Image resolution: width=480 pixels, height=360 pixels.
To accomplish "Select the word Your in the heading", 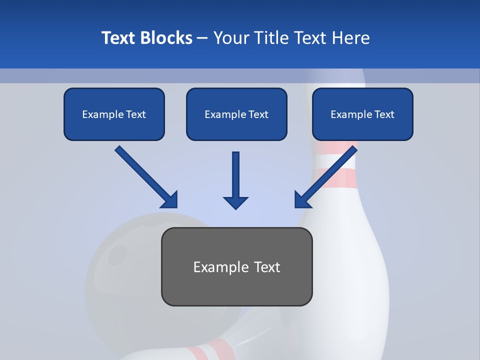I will [x=230, y=38].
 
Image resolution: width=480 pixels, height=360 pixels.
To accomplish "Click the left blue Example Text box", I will [x=114, y=114].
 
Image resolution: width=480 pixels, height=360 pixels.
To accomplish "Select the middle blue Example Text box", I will [x=236, y=114].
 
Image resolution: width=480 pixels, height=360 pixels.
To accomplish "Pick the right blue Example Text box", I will [x=362, y=114].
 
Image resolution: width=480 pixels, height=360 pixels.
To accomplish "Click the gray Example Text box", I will [x=236, y=266].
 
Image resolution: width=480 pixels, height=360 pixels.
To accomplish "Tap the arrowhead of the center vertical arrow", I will [x=236, y=202].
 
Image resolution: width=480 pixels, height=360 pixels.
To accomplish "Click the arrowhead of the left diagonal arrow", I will [x=170, y=200].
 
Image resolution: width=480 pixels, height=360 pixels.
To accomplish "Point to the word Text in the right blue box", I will [x=384, y=114].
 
